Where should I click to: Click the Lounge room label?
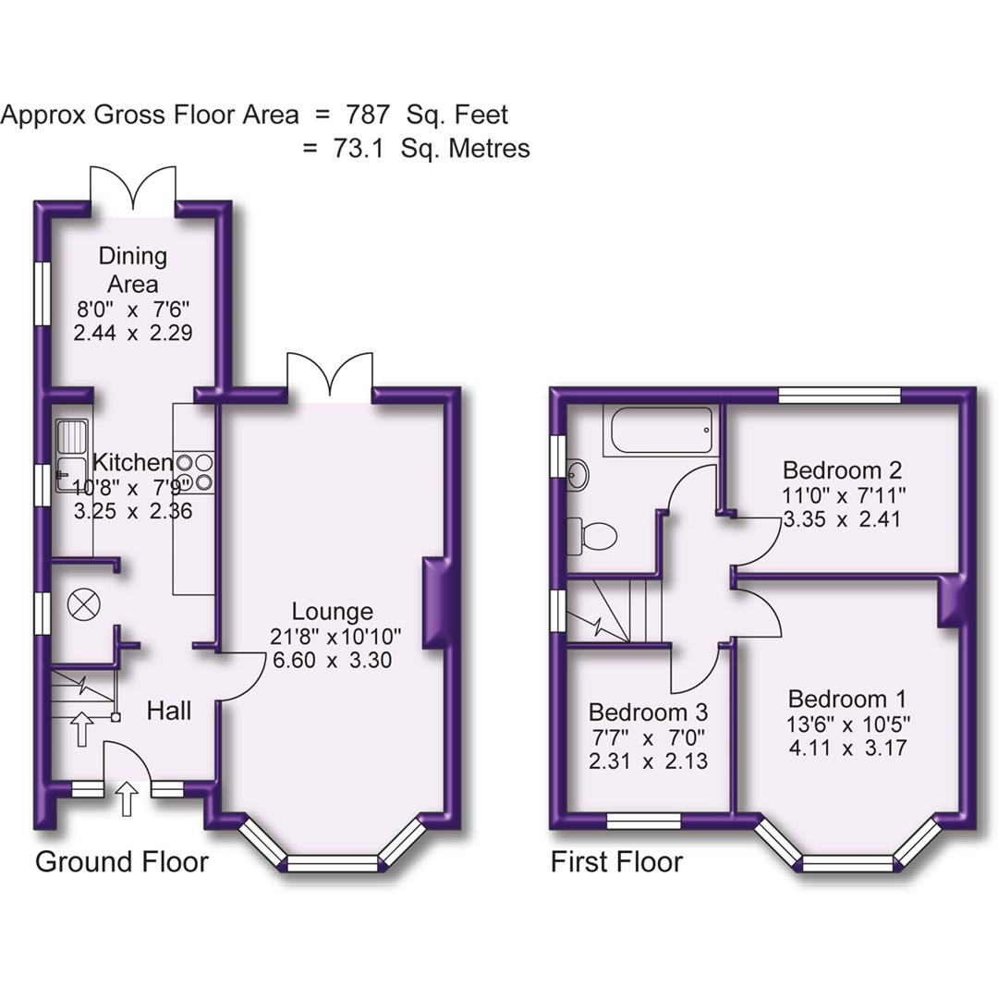pyautogui.click(x=332, y=611)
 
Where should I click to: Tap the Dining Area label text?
pyautogui.click(x=133, y=270)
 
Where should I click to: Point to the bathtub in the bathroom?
pyautogui.click(x=658, y=431)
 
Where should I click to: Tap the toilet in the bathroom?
pyautogui.click(x=591, y=535)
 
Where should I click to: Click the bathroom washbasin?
pyautogui.click(x=577, y=476)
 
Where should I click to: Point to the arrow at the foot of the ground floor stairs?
pyautogui.click(x=81, y=728)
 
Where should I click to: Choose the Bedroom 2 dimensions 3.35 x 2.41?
pyautogui.click(x=841, y=519)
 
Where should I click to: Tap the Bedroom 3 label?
pyautogui.click(x=648, y=712)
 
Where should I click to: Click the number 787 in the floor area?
pyautogui.click(x=368, y=116)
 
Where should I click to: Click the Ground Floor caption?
pyautogui.click(x=122, y=862)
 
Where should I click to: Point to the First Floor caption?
pyautogui.click(x=616, y=862)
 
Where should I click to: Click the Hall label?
pyautogui.click(x=170, y=711)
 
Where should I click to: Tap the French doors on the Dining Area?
pyautogui.click(x=133, y=188)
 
